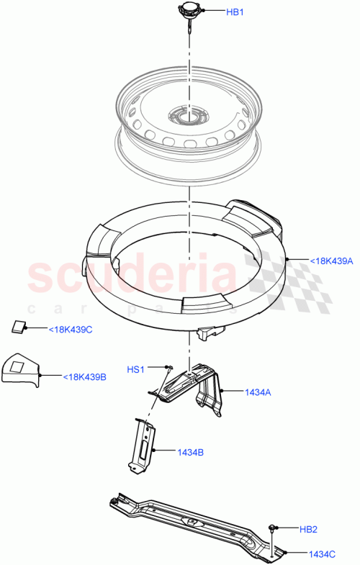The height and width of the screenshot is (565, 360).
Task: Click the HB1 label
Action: (235, 12)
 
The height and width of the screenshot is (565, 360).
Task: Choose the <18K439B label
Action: (84, 376)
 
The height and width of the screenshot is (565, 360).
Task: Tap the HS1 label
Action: (136, 369)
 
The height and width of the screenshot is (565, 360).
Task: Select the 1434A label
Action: (257, 392)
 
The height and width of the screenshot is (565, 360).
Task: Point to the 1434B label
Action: (190, 452)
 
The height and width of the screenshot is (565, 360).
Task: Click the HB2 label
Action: (307, 529)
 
